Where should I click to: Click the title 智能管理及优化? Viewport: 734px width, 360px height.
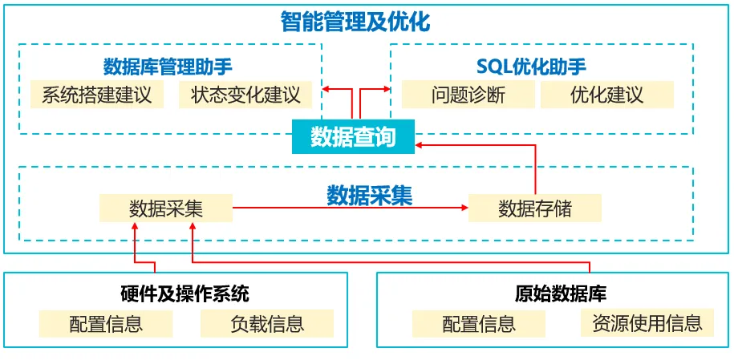[x=355, y=21]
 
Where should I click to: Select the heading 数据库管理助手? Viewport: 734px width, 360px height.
[x=168, y=67]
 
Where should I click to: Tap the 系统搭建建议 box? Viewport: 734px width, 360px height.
[x=96, y=95]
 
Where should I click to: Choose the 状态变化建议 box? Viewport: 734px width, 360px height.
[x=245, y=95]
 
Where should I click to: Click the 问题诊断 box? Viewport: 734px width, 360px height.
[x=468, y=95]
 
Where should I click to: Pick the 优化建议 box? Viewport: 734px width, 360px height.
[x=606, y=95]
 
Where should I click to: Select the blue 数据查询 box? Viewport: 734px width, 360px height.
[x=353, y=136]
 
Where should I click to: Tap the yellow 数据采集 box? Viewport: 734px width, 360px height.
[x=166, y=208]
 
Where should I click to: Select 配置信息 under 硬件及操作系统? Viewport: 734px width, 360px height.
[x=106, y=324]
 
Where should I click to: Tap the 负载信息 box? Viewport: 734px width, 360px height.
[x=267, y=324]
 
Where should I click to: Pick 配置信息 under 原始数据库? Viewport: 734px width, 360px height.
[x=479, y=324]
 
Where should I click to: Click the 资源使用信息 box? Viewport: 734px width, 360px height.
[x=647, y=323]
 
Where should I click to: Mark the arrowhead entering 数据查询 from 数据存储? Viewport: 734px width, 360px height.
[x=420, y=144]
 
